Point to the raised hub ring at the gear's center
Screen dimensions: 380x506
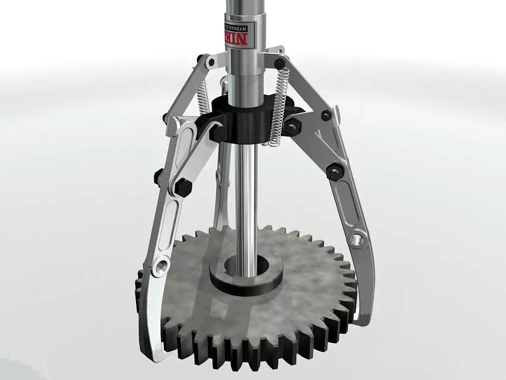tap(246, 274)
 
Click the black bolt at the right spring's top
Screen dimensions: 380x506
tap(280, 64)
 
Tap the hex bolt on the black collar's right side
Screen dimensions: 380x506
tap(294, 127)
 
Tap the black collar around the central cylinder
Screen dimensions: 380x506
tap(248, 124)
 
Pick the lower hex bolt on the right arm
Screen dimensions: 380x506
tap(333, 171)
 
